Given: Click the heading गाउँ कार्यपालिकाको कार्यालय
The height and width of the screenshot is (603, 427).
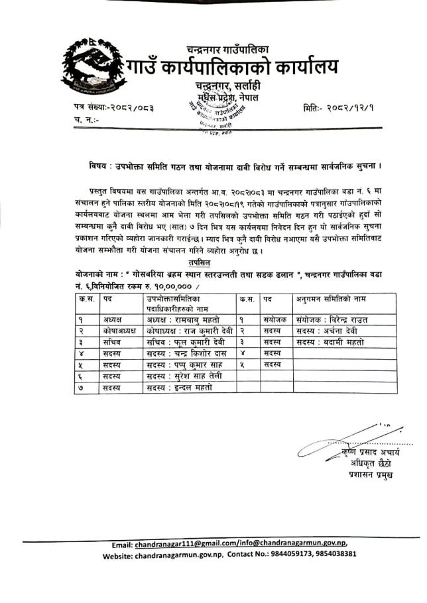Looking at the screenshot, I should coord(232,68).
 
